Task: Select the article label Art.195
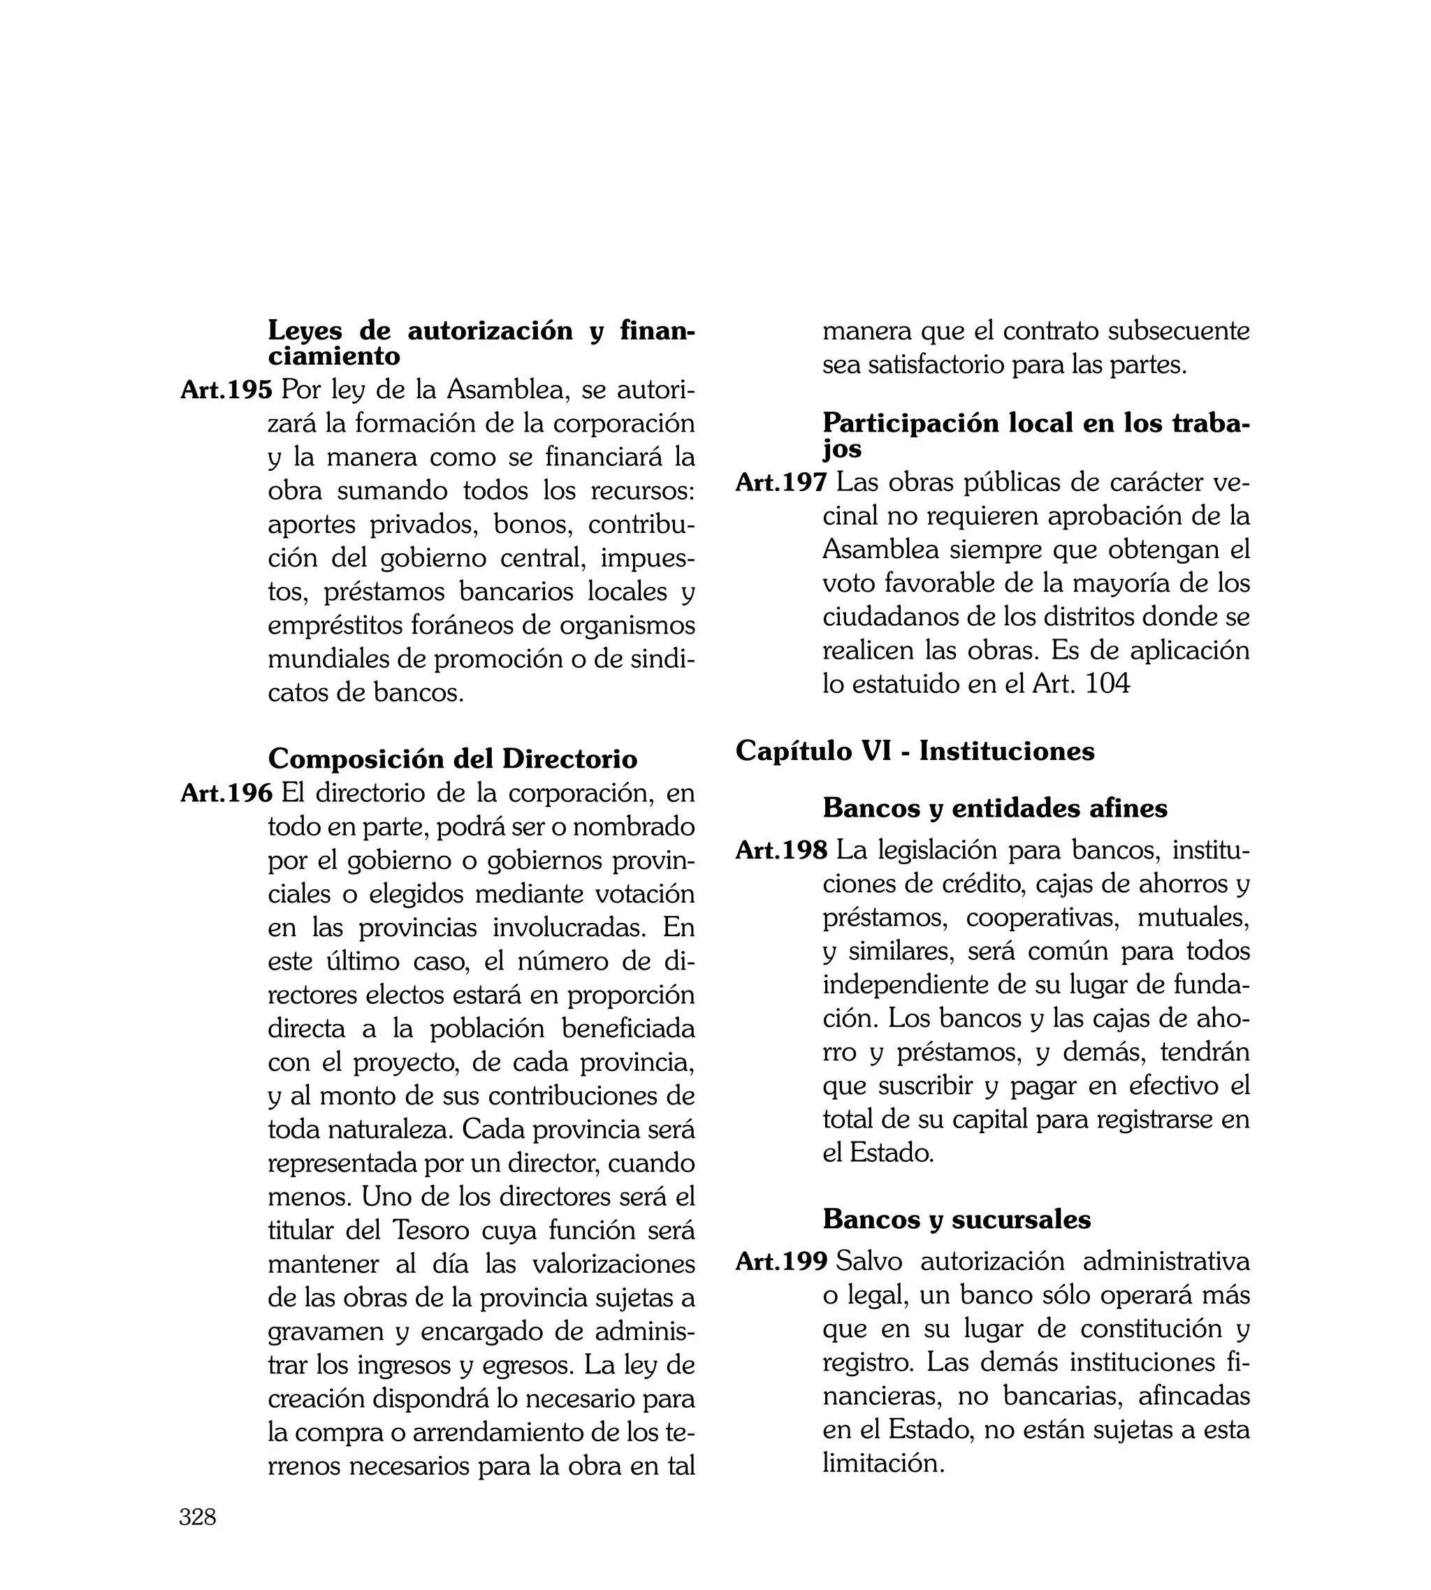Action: click(x=226, y=390)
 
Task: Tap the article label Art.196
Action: click(x=226, y=793)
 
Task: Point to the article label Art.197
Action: click(x=780, y=483)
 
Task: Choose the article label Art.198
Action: click(x=780, y=850)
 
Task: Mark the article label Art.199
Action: click(x=780, y=1262)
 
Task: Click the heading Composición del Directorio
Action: click(x=452, y=759)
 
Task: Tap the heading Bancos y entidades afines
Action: click(x=994, y=808)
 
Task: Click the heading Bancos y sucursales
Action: click(x=956, y=1219)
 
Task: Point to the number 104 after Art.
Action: click(x=1107, y=684)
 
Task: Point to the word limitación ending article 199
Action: click(x=882, y=1464)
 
